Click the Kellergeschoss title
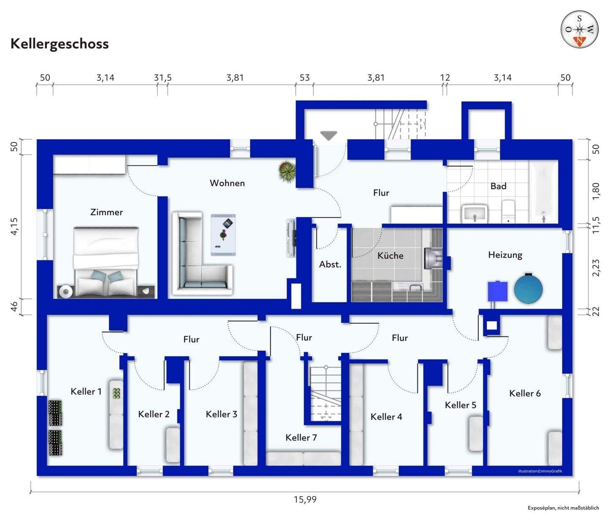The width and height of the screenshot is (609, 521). click(x=60, y=44)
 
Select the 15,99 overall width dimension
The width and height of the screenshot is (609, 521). click(x=305, y=499)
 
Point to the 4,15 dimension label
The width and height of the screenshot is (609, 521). click(x=14, y=226)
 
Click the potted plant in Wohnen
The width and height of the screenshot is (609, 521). click(x=287, y=171)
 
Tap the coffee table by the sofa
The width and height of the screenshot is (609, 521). click(x=223, y=235)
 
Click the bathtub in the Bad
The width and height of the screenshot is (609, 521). click(x=543, y=191)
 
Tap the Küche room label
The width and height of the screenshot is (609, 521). click(x=390, y=255)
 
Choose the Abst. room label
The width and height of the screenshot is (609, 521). click(x=330, y=265)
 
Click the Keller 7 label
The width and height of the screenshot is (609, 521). click(x=301, y=438)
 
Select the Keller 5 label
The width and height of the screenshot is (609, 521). click(x=460, y=405)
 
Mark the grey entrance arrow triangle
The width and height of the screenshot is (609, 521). click(x=329, y=135)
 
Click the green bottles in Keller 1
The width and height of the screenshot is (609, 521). click(x=117, y=393)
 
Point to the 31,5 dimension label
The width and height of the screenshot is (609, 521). click(x=163, y=78)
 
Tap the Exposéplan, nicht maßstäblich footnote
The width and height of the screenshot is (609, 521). click(x=563, y=508)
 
